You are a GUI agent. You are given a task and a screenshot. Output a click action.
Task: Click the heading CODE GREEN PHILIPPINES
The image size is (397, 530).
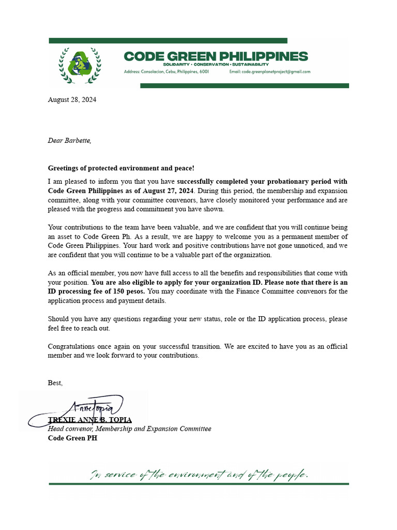coord(216,56)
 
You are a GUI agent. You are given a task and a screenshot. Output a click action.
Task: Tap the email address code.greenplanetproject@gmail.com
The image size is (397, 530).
coord(269,72)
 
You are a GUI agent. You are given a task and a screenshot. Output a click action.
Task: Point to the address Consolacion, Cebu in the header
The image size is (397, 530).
coord(166,72)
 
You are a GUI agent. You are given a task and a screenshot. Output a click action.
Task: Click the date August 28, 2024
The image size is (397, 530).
coord(72,100)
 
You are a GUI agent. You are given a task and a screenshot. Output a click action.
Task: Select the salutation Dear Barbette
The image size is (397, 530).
coord(69,140)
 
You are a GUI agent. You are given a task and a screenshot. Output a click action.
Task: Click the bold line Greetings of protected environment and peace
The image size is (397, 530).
coord(121,168)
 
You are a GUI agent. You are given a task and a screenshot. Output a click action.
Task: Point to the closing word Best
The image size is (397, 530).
coord(55,382)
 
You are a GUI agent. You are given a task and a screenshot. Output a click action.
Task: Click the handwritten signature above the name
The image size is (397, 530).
coord(96,406)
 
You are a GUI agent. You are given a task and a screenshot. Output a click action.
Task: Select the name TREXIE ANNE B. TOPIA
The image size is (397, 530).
coord(90,420)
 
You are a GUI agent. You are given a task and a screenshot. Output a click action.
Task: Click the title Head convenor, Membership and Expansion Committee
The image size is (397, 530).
coord(129,429)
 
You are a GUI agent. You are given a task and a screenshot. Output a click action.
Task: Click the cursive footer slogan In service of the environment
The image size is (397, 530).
coord(199,474)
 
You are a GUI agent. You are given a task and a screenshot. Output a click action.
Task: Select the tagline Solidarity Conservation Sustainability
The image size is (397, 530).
coord(216,64)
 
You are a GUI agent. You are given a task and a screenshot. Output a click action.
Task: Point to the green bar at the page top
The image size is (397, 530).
coord(168,40)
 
